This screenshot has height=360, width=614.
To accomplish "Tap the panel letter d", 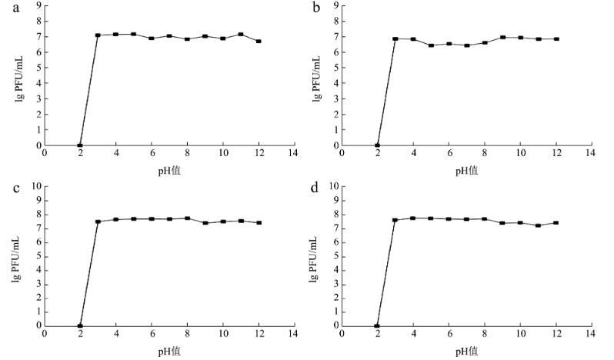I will coord(313,188).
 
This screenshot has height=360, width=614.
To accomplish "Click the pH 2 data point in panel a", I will coord(80,145).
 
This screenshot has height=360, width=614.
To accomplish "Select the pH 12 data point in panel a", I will coord(259,41).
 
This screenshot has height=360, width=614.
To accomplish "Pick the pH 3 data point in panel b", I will coord(395,38).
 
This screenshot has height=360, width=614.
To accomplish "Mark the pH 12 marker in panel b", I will coord(556,38).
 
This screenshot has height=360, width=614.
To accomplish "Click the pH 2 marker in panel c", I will coord(80,325).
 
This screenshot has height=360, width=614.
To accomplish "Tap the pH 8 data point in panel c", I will coord(187,218).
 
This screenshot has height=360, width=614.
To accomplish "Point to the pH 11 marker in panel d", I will coord(538,225).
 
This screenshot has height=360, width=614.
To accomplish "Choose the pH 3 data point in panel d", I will coord(395,219).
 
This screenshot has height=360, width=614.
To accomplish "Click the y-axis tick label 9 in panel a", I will coord(38,5).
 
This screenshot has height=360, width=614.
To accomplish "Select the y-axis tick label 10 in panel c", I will coord(35,186).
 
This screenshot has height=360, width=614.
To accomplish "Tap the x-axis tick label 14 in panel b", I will coord(591,152).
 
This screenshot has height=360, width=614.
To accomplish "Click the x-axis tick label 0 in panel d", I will coord(342,333).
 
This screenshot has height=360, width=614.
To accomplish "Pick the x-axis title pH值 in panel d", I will coord(467,351).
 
